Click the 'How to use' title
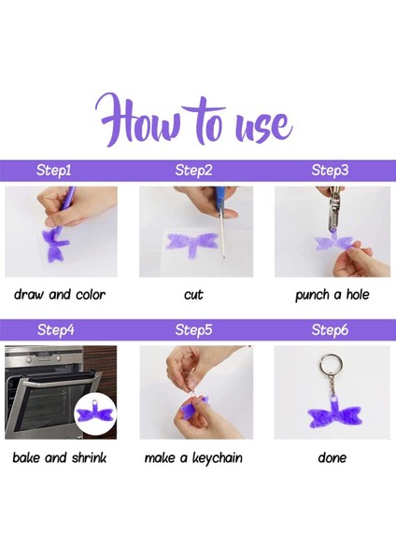(x=194, y=120)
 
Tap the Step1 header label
(x=53, y=170)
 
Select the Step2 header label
(x=193, y=170)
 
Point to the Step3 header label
(x=330, y=170)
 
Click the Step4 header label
(x=55, y=329)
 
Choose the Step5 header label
(x=193, y=329)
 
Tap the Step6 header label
(x=330, y=329)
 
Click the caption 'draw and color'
(x=60, y=295)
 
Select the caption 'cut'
(x=193, y=295)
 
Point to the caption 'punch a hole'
(x=332, y=295)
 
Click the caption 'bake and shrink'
(x=60, y=457)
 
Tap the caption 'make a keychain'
(x=193, y=458)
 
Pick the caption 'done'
(x=332, y=457)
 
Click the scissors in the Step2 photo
(x=220, y=221)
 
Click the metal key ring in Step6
(x=332, y=365)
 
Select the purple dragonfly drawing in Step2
(x=192, y=242)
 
